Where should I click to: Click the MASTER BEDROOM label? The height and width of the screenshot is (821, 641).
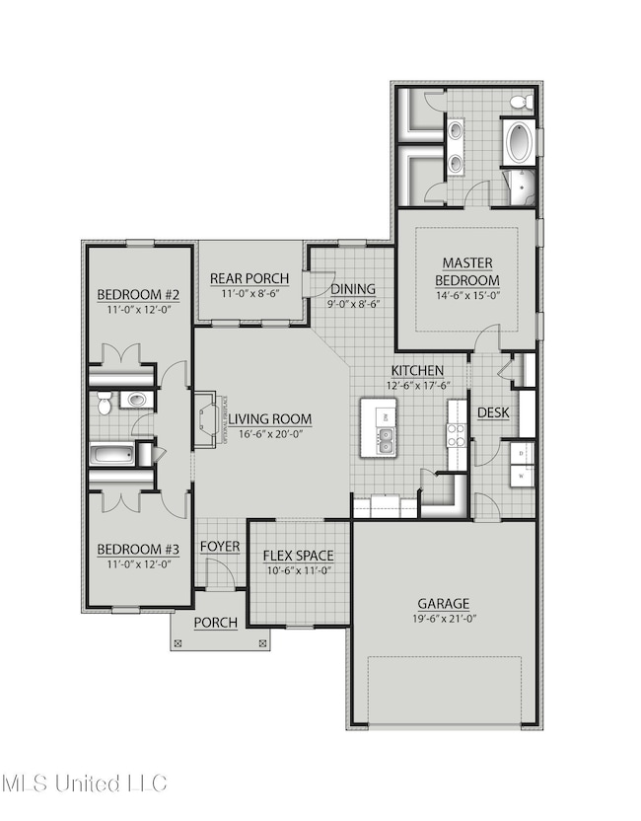coord(468,271)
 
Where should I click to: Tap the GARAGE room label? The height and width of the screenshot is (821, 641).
coord(443,603)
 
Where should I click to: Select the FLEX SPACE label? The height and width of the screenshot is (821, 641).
coord(298,556)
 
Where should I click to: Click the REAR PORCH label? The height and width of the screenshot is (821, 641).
coord(249,278)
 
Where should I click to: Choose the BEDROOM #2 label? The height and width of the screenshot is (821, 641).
coord(138,295)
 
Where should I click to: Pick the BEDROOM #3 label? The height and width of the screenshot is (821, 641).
coord(138,550)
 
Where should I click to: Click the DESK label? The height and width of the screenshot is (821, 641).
coord(493,412)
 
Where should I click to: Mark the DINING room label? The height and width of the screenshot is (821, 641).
coord(353,289)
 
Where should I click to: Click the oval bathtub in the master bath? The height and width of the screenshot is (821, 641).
coord(519,143)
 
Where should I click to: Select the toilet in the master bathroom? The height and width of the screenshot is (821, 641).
coord(520,103)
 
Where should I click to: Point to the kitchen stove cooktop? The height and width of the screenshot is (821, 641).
coord(457,435)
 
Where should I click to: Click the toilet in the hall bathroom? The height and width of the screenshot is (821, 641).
coord(133,401)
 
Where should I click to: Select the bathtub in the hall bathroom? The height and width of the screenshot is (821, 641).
coord(110,455)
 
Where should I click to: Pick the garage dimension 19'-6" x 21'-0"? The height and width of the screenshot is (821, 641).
coord(443,620)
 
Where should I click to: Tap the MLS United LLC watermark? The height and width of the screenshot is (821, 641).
coord(84,784)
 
